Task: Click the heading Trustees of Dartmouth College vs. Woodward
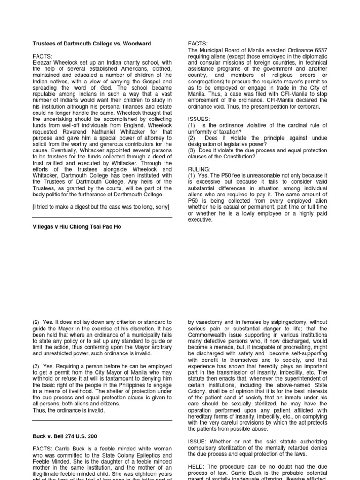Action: click(x=91, y=44)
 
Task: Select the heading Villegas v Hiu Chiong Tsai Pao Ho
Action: click(x=76, y=227)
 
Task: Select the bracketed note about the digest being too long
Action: click(x=100, y=207)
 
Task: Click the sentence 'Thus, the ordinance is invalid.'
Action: click(x=69, y=410)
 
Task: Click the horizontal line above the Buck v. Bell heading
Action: click(x=102, y=420)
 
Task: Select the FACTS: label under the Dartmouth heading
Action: click(x=43, y=56)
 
